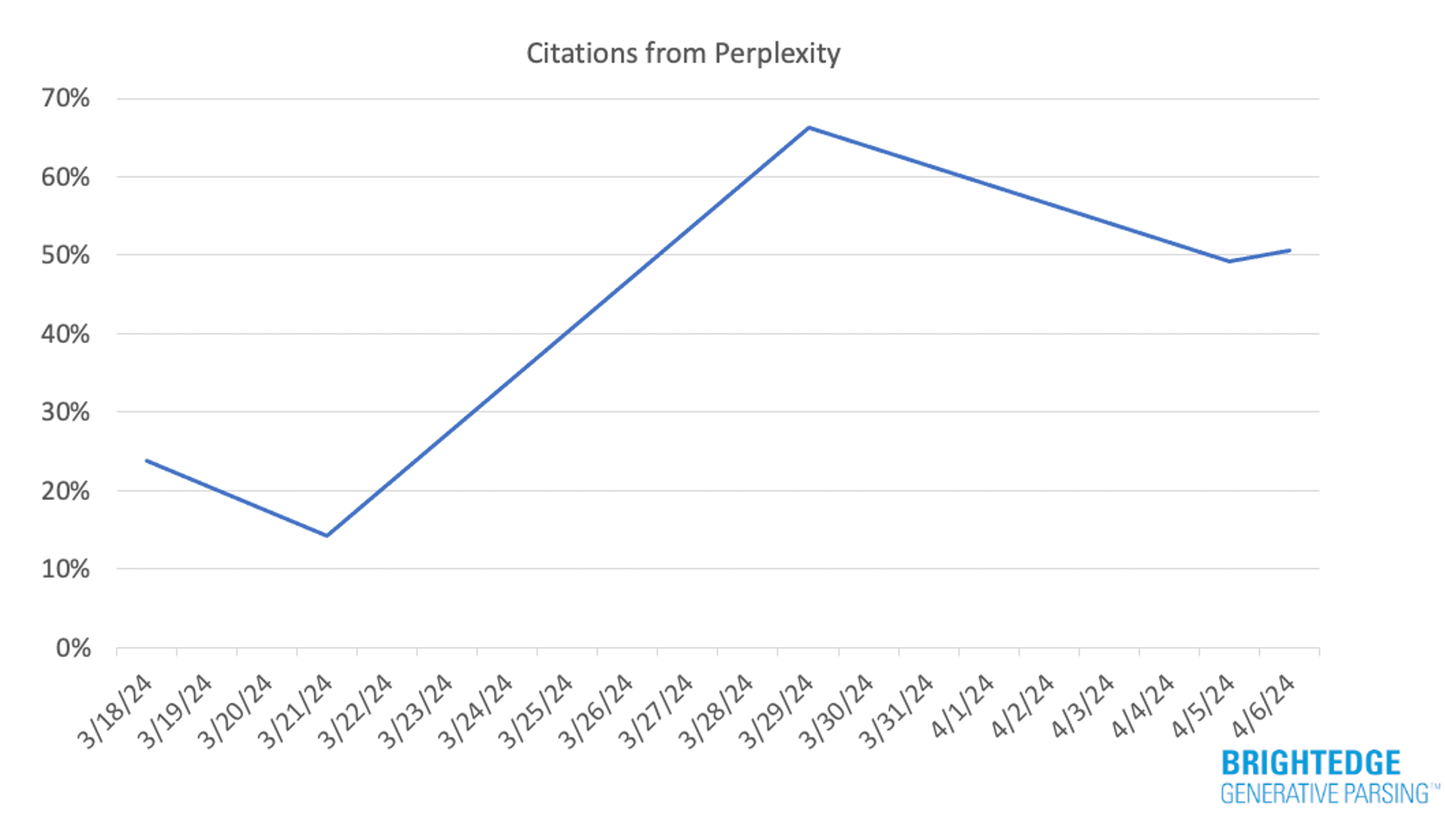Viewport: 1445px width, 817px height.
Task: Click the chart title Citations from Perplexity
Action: click(683, 54)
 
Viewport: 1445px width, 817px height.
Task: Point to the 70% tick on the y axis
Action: click(65, 99)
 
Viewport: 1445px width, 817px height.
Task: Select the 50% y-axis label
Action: click(65, 256)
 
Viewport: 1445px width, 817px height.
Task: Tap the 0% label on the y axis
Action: click(73, 649)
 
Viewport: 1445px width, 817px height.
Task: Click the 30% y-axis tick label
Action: click(65, 413)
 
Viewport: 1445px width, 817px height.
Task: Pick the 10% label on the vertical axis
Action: click(65, 570)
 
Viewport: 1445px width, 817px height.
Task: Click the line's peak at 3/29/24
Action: click(808, 127)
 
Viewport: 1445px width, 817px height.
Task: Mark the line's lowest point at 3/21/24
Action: click(326, 536)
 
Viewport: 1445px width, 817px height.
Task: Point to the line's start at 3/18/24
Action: click(147, 461)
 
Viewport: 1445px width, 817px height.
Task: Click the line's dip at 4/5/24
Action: click(1230, 261)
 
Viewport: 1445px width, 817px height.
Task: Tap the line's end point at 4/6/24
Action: click(1290, 250)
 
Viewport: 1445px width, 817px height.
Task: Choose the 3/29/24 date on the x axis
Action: click(778, 712)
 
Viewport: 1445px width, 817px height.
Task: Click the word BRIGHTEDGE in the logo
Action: click(1311, 764)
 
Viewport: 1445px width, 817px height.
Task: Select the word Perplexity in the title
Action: click(777, 54)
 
